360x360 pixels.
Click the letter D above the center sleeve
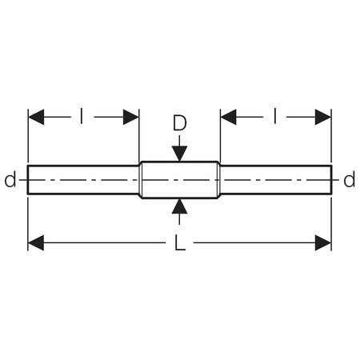180,123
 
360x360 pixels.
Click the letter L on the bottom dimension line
180,243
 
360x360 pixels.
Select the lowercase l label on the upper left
82,117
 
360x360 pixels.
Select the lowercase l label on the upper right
274,117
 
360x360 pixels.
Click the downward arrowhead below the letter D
179,154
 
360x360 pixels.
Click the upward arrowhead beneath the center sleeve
179,206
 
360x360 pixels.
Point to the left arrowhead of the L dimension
36,243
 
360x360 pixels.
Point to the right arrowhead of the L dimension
323,243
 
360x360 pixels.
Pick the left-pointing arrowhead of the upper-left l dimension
36,117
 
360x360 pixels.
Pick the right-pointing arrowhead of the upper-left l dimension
131,117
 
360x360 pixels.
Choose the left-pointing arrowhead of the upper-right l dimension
229,117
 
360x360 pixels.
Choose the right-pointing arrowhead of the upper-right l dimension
323,117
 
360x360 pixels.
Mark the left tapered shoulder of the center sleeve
140,180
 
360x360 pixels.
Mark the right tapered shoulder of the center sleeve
219,180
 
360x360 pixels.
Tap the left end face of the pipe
28,180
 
